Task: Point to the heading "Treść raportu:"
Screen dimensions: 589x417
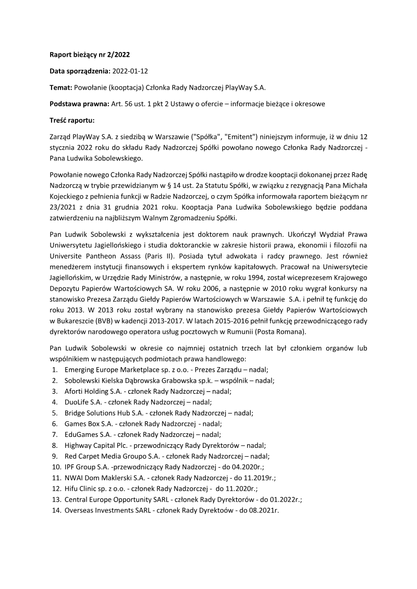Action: pyautogui.click(x=71, y=120)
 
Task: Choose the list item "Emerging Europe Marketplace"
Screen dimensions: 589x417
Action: pyautogui.click(x=109, y=370)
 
